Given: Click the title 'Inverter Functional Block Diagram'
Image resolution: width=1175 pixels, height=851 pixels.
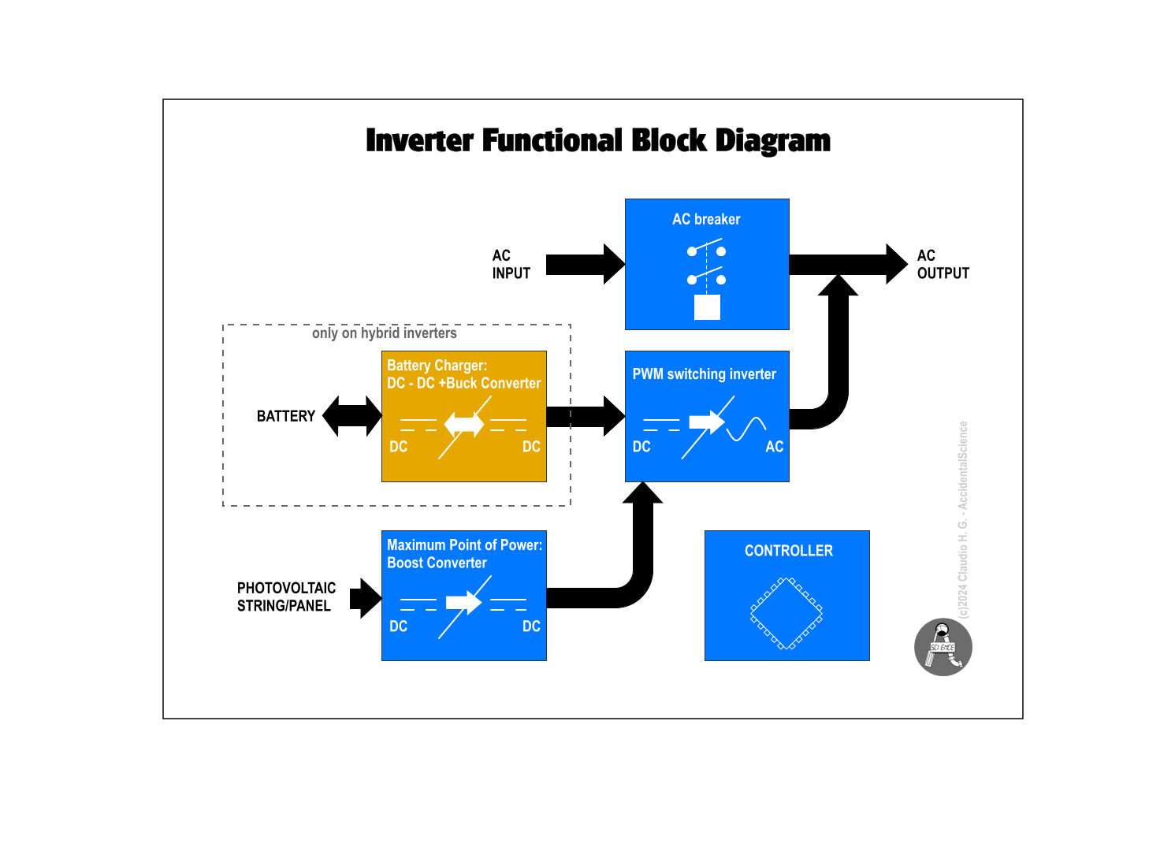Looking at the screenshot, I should point(597,141).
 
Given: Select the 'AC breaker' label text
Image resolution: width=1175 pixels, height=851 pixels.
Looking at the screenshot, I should point(706,219).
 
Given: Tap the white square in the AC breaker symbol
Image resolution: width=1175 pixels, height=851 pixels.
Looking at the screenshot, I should point(707,307).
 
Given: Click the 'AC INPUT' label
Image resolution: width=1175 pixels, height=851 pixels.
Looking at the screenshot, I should point(511,265).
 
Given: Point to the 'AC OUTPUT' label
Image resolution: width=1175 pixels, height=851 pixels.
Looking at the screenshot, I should point(943,265).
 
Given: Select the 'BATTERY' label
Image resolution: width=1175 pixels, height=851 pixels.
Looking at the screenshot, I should point(285,416).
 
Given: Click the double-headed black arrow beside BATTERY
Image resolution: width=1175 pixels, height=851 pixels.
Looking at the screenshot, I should point(352,416).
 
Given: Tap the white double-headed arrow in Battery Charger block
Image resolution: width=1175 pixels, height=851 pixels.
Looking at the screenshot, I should point(464,425).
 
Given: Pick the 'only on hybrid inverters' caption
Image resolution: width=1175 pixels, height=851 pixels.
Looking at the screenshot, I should point(384,333).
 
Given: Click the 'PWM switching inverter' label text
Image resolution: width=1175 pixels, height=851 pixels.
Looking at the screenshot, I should point(704,374).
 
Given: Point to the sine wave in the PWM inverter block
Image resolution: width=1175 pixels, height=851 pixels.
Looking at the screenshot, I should point(746,429).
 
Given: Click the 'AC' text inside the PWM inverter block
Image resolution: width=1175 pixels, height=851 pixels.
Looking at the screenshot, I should point(774,447).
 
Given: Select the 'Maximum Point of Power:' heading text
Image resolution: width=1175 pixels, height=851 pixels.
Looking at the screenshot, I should point(464,545).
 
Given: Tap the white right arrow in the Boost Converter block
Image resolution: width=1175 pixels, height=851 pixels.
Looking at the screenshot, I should point(463,603).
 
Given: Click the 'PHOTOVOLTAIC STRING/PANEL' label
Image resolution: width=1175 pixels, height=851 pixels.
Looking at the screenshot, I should point(286,597).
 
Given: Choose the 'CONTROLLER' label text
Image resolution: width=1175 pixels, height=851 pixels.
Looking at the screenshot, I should point(788,551).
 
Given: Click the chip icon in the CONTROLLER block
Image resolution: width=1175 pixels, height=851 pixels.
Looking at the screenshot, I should point(786,613).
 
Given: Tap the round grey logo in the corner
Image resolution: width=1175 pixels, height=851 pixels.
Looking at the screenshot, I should point(943,647).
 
